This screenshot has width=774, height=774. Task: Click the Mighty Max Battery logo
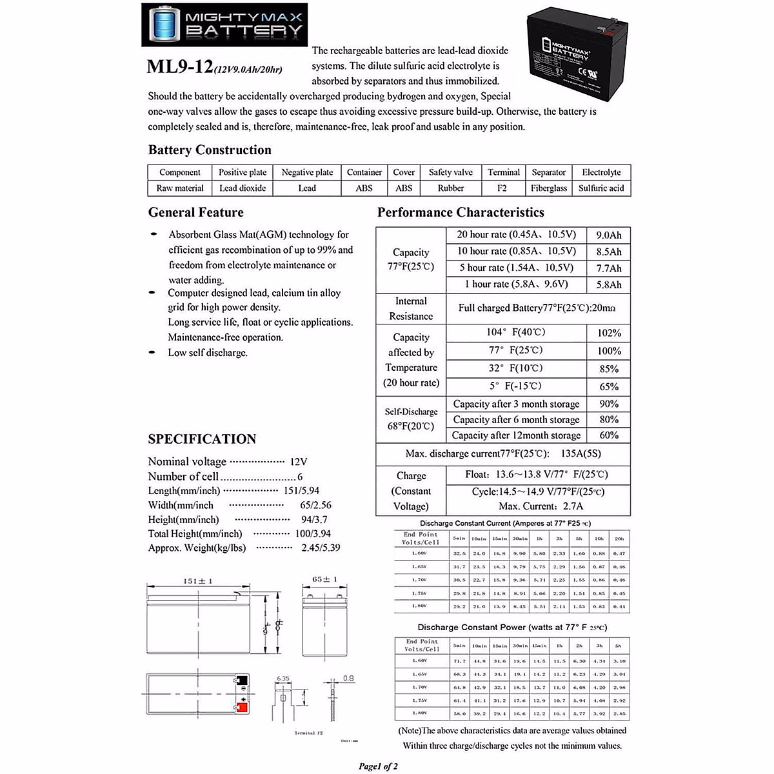point(224,25)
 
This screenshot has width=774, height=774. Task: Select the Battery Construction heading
point(210,150)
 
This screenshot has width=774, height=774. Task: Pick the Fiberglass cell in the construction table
point(549,188)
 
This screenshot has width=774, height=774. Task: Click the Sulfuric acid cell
point(601,188)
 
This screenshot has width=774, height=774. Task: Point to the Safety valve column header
point(450,172)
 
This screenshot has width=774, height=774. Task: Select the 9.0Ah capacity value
point(609,235)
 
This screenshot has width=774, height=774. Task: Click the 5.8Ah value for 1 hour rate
point(609,284)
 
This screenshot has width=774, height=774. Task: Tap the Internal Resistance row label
point(411,309)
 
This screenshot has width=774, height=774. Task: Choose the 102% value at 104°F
point(609,333)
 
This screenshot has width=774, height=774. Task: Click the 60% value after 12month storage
point(609,435)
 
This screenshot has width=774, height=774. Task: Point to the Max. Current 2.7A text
point(541,506)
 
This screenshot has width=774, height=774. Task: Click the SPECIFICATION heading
point(202,439)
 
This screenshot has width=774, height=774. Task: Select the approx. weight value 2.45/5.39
point(321,548)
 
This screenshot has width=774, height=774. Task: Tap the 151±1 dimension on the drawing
point(197,581)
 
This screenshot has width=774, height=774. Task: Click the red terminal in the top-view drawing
point(243,708)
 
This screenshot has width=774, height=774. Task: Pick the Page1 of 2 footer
point(378,766)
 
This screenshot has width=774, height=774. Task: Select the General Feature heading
point(195,213)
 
